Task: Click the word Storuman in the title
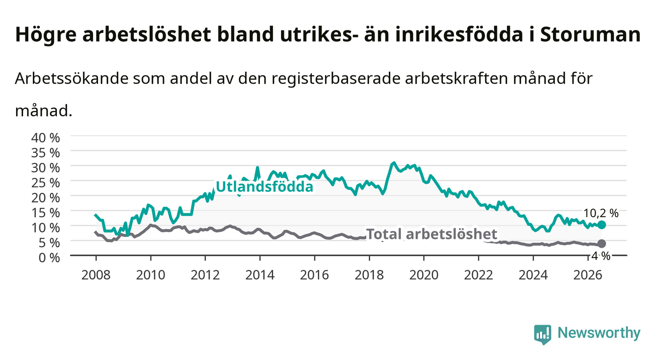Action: (x=590, y=34)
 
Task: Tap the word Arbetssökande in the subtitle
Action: (x=72, y=78)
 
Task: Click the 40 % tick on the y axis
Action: (x=46, y=138)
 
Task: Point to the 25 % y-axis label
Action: (x=46, y=183)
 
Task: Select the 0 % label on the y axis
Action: (x=49, y=257)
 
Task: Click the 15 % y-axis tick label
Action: (x=46, y=213)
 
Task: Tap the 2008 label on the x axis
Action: (x=96, y=275)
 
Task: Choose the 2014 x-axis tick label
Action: (x=260, y=275)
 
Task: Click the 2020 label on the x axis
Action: (x=424, y=275)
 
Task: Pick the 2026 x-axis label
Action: (x=588, y=275)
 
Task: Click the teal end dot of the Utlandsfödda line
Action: (x=602, y=225)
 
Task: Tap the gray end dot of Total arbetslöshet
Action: (x=602, y=244)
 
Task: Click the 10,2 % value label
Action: (x=601, y=213)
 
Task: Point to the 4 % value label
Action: (x=601, y=256)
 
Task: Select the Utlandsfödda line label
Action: (x=265, y=186)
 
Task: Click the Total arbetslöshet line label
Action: (x=432, y=234)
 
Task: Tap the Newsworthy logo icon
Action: (x=543, y=334)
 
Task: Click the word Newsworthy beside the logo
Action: (x=599, y=333)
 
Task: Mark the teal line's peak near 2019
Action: (x=394, y=162)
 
